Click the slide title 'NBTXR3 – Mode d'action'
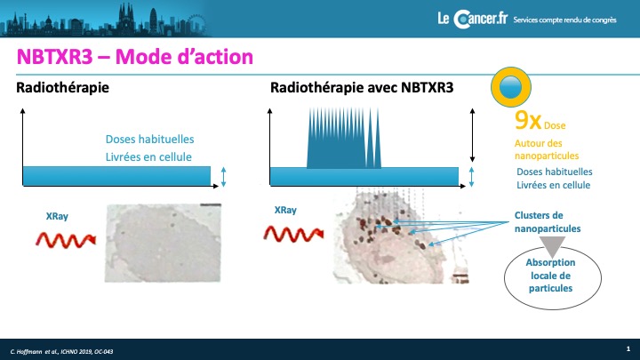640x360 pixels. point(135,57)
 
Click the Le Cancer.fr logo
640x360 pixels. point(473,20)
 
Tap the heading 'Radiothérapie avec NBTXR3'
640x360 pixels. point(362,88)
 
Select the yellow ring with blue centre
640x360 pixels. point(510,87)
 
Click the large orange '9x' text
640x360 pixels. point(528,120)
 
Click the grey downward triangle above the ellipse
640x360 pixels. point(553,246)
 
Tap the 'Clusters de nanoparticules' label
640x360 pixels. point(548,221)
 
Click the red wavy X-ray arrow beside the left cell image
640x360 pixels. point(66,240)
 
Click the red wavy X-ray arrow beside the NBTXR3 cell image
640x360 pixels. point(293,235)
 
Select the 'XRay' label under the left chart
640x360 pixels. point(57,216)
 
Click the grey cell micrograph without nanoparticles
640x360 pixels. point(163,244)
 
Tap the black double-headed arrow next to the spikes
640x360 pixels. point(472,135)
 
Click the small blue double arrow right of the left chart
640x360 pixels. point(223,177)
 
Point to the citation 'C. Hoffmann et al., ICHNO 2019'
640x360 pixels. point(61,351)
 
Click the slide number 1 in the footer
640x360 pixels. point(628,348)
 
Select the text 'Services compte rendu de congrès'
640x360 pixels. point(565,20)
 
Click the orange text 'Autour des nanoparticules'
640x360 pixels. point(547,149)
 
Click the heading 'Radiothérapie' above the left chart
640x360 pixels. point(62,88)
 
